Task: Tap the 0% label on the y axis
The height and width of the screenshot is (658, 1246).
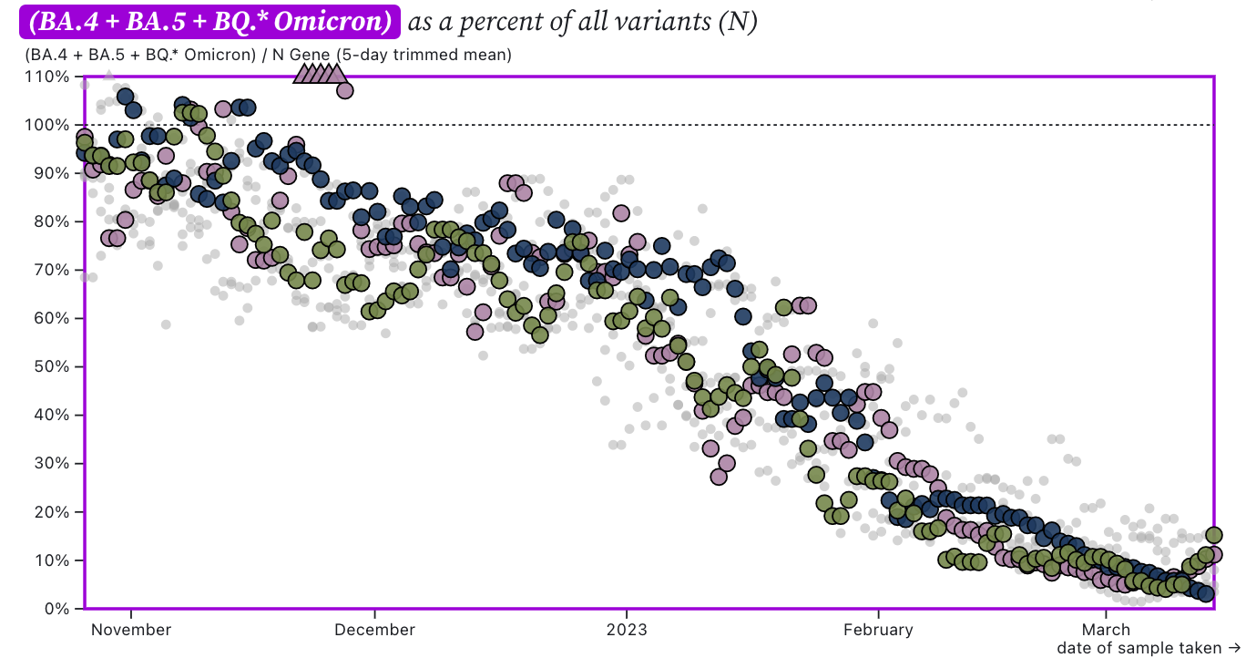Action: [56, 609]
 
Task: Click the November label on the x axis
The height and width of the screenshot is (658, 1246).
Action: [131, 630]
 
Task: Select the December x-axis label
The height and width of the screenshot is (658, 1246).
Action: [375, 630]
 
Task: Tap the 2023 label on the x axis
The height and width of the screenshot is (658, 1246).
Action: [627, 630]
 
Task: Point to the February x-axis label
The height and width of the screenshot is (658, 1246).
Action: [878, 630]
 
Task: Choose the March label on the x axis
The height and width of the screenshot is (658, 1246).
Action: [1106, 630]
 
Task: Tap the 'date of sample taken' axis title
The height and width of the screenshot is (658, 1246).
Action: [1139, 648]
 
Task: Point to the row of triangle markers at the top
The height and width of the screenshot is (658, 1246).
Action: [319, 74]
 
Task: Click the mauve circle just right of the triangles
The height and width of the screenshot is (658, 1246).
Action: [344, 90]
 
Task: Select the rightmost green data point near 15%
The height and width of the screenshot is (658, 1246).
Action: [1213, 535]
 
